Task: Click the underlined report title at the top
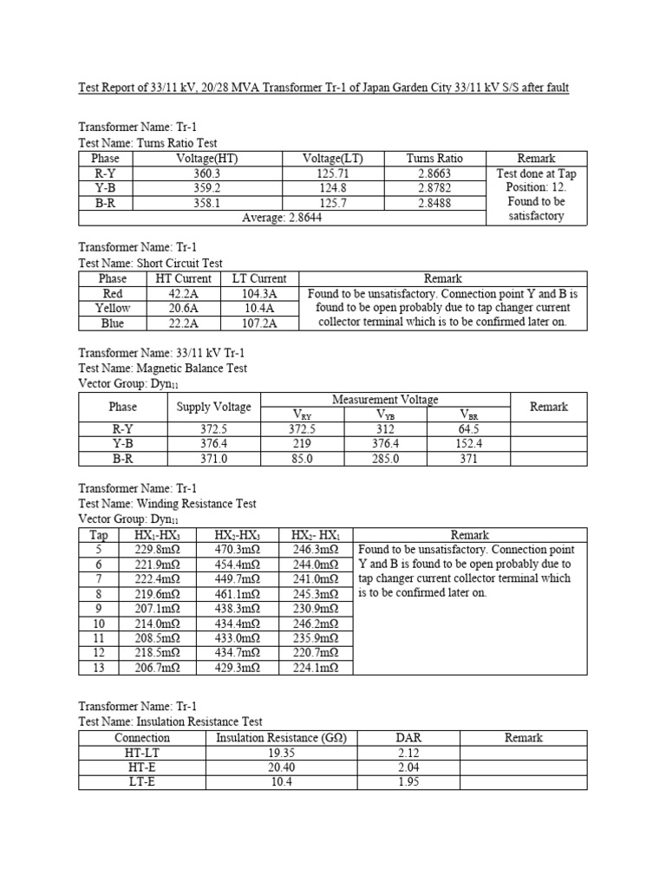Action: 323,88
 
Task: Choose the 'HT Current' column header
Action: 182,278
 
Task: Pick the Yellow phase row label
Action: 113,308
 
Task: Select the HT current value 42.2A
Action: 182,293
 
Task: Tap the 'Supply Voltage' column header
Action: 214,407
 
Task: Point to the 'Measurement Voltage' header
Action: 385,399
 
